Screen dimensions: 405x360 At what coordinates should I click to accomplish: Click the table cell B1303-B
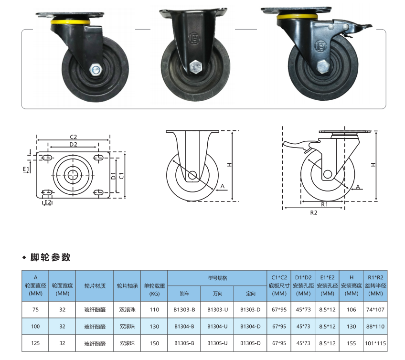coord(184,309)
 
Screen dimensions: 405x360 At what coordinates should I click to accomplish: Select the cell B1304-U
coord(217,327)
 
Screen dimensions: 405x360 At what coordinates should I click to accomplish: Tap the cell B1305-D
coord(250,343)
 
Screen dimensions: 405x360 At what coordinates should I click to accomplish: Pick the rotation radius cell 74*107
coord(375,309)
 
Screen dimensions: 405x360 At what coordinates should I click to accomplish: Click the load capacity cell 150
coord(154,343)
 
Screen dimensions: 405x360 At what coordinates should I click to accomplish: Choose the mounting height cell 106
coord(352,309)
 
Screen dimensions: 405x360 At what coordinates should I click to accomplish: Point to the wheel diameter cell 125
coord(35,343)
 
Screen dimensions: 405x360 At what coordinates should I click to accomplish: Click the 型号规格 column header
coord(217,278)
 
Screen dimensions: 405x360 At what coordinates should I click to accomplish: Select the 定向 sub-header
coord(250,293)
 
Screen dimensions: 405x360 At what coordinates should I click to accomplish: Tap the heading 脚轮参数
coord(50,257)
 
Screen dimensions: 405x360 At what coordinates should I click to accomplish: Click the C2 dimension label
coord(74,137)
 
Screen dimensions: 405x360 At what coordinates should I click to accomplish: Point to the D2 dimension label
coord(74,144)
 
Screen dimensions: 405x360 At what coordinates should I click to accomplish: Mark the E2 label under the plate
coord(48,201)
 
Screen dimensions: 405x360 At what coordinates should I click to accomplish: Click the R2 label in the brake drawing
coord(314,212)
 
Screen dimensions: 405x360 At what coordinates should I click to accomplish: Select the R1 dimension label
coord(324,204)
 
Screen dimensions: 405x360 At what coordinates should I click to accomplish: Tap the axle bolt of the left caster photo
coord(96,69)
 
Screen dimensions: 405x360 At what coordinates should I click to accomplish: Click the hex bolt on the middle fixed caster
coord(195,67)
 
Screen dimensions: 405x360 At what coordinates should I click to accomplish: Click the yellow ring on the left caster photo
coord(70,21)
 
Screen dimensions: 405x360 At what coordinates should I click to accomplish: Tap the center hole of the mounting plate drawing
coord(73,175)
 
